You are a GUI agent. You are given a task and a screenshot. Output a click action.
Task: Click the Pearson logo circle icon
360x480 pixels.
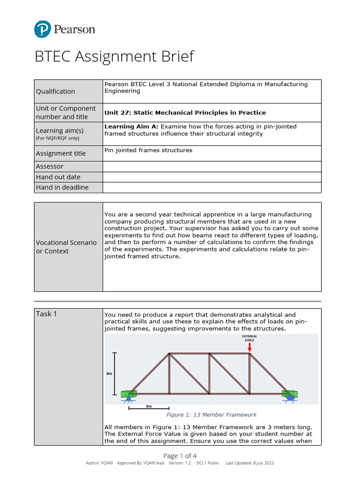click(42, 30)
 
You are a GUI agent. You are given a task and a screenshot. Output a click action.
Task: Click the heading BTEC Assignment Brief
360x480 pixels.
click(114, 57)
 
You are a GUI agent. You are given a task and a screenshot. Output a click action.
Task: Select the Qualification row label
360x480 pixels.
click(55, 91)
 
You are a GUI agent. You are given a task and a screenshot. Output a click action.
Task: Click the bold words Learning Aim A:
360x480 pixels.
click(131, 127)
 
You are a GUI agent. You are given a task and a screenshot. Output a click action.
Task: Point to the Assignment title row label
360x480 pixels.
click(61, 153)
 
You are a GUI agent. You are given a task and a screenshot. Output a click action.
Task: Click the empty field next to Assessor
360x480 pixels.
click(212, 166)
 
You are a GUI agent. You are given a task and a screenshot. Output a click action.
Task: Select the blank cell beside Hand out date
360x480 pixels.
click(212, 177)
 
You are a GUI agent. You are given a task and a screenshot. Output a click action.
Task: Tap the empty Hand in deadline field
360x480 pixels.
click(212, 187)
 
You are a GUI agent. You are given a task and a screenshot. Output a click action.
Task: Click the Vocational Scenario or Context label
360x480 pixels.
click(66, 247)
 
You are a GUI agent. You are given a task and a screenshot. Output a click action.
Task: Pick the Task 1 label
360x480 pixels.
click(46, 314)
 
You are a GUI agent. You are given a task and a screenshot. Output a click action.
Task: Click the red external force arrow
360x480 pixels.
click(249, 347)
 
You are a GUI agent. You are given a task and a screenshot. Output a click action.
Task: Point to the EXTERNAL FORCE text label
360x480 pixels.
click(249, 338)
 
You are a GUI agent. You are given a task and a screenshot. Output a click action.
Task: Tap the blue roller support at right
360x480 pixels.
click(291, 397)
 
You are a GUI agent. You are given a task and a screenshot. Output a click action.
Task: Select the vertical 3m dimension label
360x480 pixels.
click(109, 374)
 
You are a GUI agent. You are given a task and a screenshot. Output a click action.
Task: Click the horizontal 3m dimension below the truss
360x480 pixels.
click(149, 406)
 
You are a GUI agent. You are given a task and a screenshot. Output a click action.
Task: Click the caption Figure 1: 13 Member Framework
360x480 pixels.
click(211, 415)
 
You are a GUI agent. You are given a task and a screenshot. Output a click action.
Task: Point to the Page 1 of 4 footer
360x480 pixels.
click(180, 456)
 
